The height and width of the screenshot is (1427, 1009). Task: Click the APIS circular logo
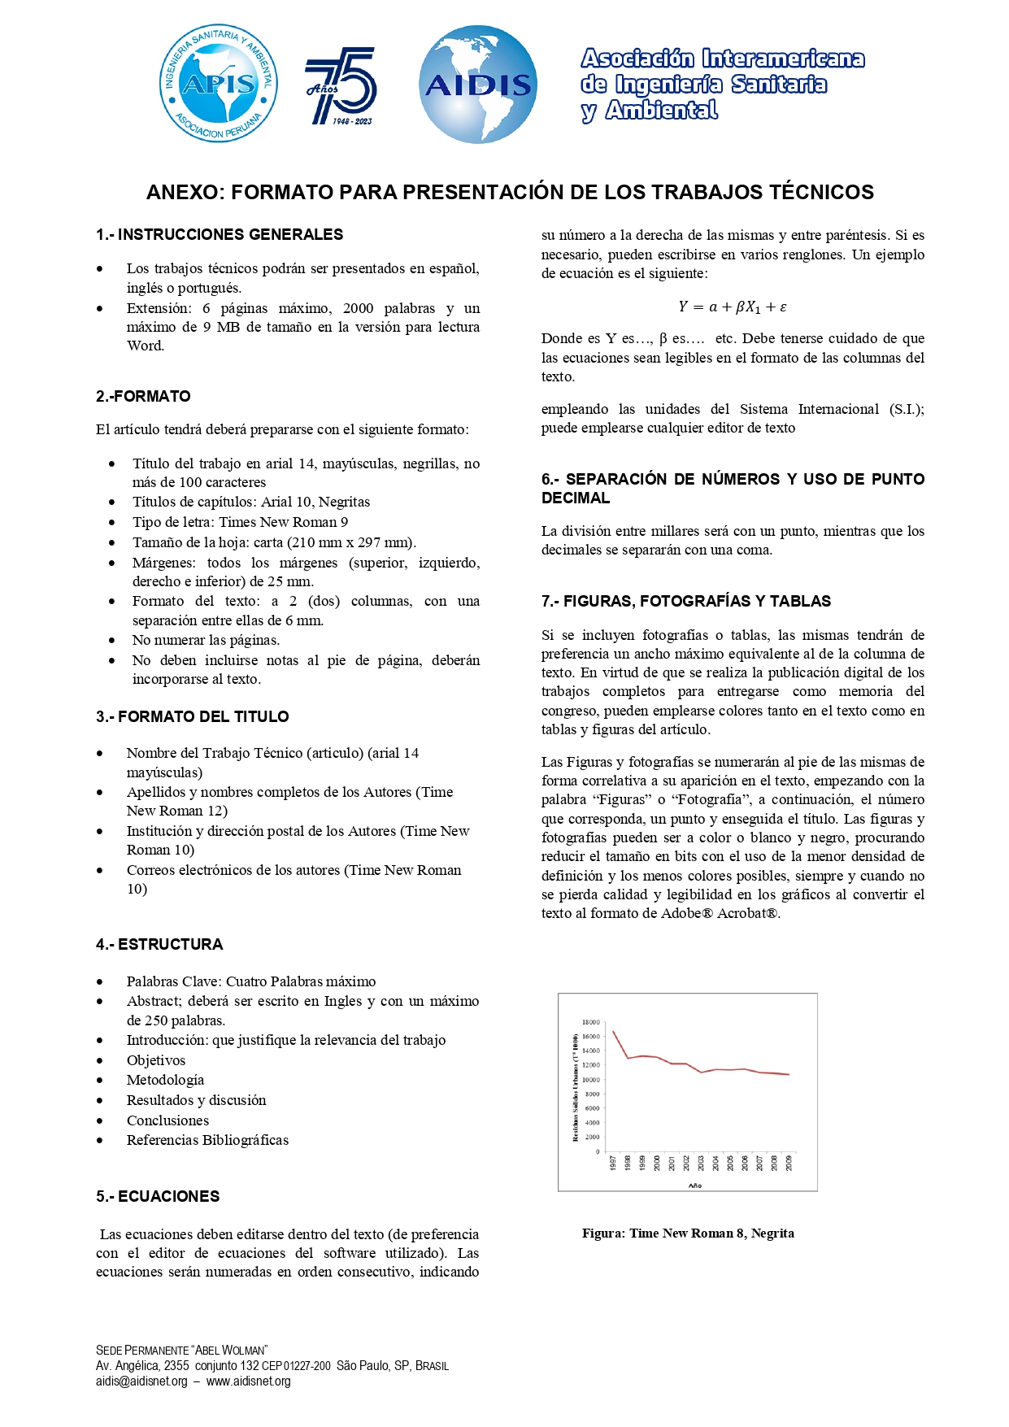click(x=219, y=84)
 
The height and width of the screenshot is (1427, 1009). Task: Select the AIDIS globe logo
click(x=478, y=85)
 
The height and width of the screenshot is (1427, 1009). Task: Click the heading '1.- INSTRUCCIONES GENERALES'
click(x=220, y=235)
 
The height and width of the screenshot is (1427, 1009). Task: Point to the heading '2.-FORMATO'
click(x=143, y=397)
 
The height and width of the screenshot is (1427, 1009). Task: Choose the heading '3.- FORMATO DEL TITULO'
click(x=193, y=717)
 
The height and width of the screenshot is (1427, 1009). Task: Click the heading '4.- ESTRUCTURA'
click(x=159, y=945)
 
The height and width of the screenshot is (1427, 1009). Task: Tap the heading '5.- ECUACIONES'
click(x=158, y=1197)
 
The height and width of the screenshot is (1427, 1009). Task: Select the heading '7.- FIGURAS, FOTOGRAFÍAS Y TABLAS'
click(x=686, y=602)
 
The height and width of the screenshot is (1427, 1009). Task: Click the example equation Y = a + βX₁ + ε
click(x=733, y=307)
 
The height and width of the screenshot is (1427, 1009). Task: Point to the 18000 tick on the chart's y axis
click(x=591, y=1022)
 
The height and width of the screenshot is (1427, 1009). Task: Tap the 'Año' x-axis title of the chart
click(x=695, y=1186)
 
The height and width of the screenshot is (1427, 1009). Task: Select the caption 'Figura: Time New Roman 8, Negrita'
click(x=688, y=1233)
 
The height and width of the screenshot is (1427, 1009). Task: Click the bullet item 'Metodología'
click(x=165, y=1081)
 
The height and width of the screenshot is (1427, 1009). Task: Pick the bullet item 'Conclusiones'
click(x=167, y=1120)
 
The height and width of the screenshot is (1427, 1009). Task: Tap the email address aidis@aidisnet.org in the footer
click(x=141, y=1381)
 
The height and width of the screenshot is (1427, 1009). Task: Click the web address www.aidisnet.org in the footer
click(x=248, y=1381)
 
